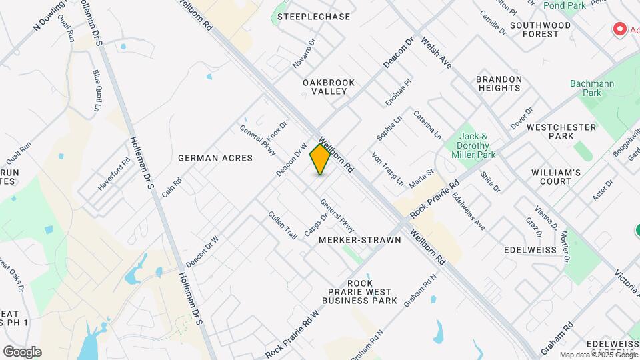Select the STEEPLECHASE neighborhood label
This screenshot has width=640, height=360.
[313, 17]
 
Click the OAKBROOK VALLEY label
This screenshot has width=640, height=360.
[329, 87]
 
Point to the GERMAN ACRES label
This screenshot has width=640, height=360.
[215, 158]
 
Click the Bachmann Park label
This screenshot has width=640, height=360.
[586, 88]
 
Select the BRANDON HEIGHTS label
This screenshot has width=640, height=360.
[499, 83]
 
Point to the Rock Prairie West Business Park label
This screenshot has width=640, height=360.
[359, 292]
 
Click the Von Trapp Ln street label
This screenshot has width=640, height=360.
[388, 169]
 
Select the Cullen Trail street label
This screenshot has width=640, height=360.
[282, 225]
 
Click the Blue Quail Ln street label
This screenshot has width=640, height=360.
[97, 90]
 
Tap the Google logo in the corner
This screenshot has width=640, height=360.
[22, 352]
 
